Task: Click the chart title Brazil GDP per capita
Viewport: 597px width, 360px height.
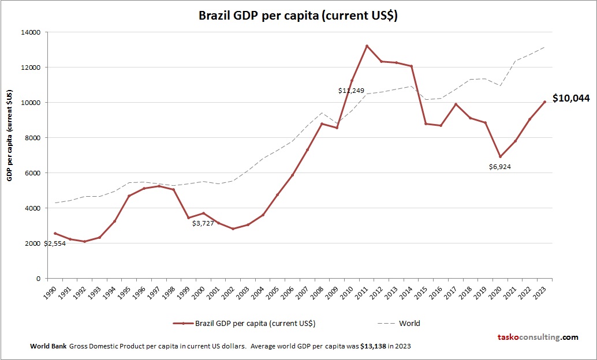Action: click(298, 16)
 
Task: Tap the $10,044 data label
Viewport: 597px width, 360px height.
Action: click(570, 99)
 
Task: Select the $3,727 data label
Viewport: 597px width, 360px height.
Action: click(203, 223)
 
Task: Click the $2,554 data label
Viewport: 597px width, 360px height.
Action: click(55, 243)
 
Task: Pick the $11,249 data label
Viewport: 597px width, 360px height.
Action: click(351, 91)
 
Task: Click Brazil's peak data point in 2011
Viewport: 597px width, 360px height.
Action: click(367, 46)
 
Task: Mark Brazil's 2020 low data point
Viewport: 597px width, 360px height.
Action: click(500, 156)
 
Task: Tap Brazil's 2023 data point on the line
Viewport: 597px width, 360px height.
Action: click(544, 102)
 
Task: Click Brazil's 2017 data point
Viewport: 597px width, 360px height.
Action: click(456, 104)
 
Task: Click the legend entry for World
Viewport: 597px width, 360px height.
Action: click(409, 323)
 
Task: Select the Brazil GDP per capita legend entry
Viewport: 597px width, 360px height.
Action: click(255, 323)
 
